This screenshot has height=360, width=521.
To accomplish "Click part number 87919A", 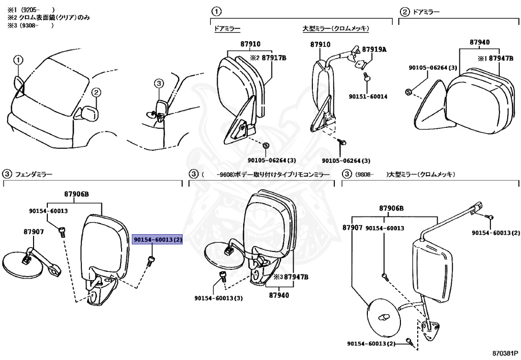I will pos(374,49).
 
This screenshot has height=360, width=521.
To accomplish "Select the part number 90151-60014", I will pos(368,96).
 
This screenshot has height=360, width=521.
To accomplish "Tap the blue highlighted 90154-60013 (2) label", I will pos(157,239).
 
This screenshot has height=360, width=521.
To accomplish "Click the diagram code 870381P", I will pos(505,352).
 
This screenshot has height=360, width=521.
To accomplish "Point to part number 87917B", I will pos(273,58).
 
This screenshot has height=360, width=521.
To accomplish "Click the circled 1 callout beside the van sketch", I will pos(18,60).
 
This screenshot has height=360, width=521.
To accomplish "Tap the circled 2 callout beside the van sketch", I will pos(97,92).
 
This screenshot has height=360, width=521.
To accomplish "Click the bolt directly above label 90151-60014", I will pos(366,76).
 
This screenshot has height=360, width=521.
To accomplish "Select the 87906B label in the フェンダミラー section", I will pos(77,194).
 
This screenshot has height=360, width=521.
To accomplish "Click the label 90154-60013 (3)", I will pos(218,298).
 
